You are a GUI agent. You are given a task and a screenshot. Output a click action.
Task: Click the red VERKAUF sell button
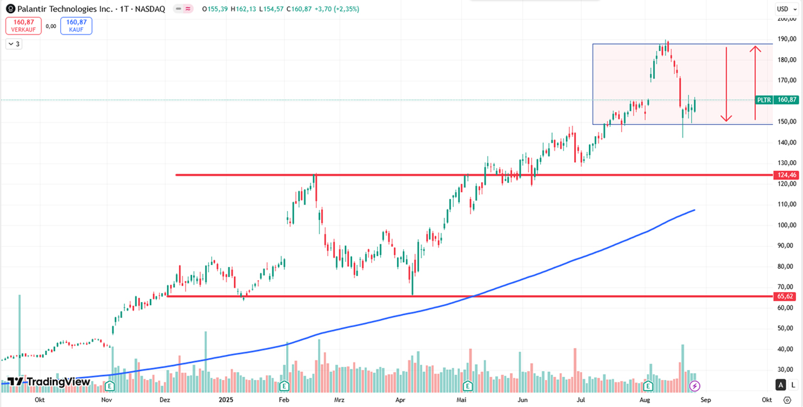[23, 26]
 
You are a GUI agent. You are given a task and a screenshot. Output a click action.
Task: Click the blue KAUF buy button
[76, 26]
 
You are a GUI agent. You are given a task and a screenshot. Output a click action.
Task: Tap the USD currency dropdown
[785, 9]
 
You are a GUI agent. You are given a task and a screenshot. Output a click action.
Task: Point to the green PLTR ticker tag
[763, 100]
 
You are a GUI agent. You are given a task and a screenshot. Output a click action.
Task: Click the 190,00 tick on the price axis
[786, 39]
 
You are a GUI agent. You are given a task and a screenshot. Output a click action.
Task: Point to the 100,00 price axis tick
[786, 225]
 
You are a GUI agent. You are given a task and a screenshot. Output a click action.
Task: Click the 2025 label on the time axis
[226, 399]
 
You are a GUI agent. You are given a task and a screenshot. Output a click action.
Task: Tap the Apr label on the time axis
[400, 399]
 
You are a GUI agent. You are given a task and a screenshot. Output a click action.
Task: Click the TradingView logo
[49, 381]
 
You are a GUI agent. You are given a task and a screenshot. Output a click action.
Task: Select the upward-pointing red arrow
[755, 82]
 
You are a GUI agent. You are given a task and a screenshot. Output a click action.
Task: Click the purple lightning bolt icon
[694, 385]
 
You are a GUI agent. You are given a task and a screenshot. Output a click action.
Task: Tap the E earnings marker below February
[284, 385]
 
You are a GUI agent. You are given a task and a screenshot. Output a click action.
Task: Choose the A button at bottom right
[781, 385]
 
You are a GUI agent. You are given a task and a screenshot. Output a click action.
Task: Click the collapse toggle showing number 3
[14, 44]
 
